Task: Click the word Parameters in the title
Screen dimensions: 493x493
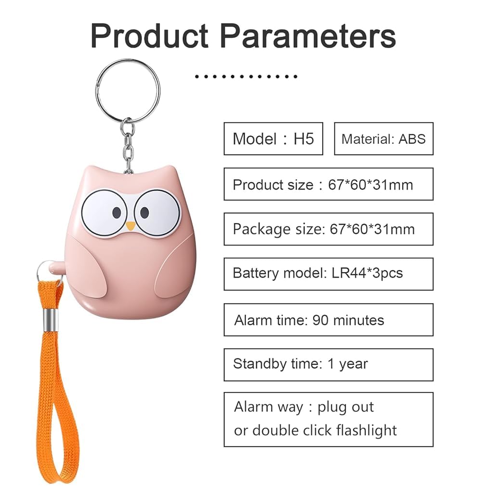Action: click(309, 36)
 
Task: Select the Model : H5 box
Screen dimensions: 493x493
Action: click(273, 139)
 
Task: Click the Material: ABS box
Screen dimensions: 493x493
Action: click(383, 139)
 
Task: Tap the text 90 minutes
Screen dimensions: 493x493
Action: click(348, 320)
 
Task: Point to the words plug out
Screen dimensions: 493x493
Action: click(345, 407)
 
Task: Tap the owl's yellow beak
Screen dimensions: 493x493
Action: click(130, 225)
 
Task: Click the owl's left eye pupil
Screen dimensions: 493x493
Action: click(117, 212)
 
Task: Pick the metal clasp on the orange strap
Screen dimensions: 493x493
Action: click(48, 320)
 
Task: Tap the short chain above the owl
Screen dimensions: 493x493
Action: click(128, 147)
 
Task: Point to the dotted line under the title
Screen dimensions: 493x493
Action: click(246, 76)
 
